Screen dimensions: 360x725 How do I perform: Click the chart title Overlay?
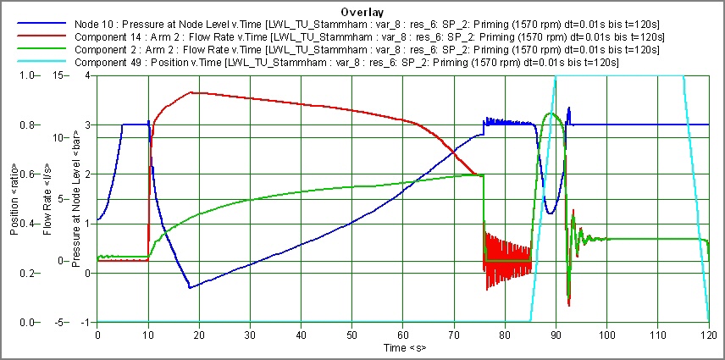tap(362, 13)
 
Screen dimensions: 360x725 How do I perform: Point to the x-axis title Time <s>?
tap(401, 348)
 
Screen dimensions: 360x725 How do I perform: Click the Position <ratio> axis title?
tap(13, 199)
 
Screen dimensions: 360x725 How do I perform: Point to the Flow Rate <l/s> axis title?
tap(46, 199)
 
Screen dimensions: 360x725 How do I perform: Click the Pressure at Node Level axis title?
tap(76, 199)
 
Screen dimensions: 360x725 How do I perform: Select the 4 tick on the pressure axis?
tap(88, 75)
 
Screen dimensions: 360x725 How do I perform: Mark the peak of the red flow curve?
tap(192, 92)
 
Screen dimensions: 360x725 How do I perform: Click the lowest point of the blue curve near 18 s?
tap(190, 288)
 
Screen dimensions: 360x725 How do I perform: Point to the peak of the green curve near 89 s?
tap(551, 113)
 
